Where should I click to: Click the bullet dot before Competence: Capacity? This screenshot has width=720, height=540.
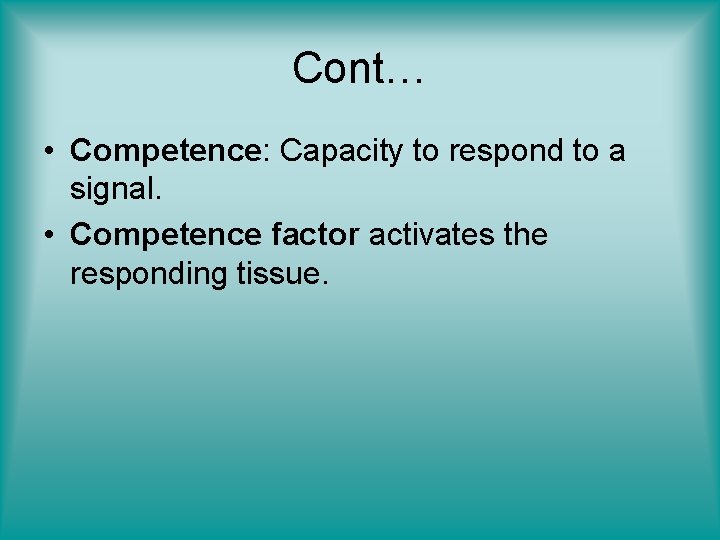tap(49, 152)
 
